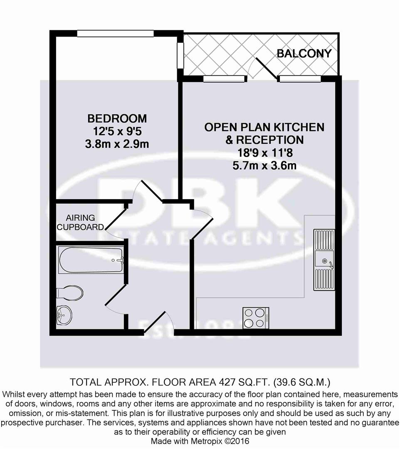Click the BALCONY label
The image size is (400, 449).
click(x=304, y=53)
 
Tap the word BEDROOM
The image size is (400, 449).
click(x=117, y=118)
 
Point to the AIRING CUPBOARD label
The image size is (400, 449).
click(x=80, y=222)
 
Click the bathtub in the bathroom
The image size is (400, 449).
click(x=91, y=260)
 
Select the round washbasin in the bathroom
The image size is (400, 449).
click(x=64, y=316)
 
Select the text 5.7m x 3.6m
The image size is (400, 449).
click(x=264, y=165)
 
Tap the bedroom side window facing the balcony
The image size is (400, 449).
click(x=180, y=54)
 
